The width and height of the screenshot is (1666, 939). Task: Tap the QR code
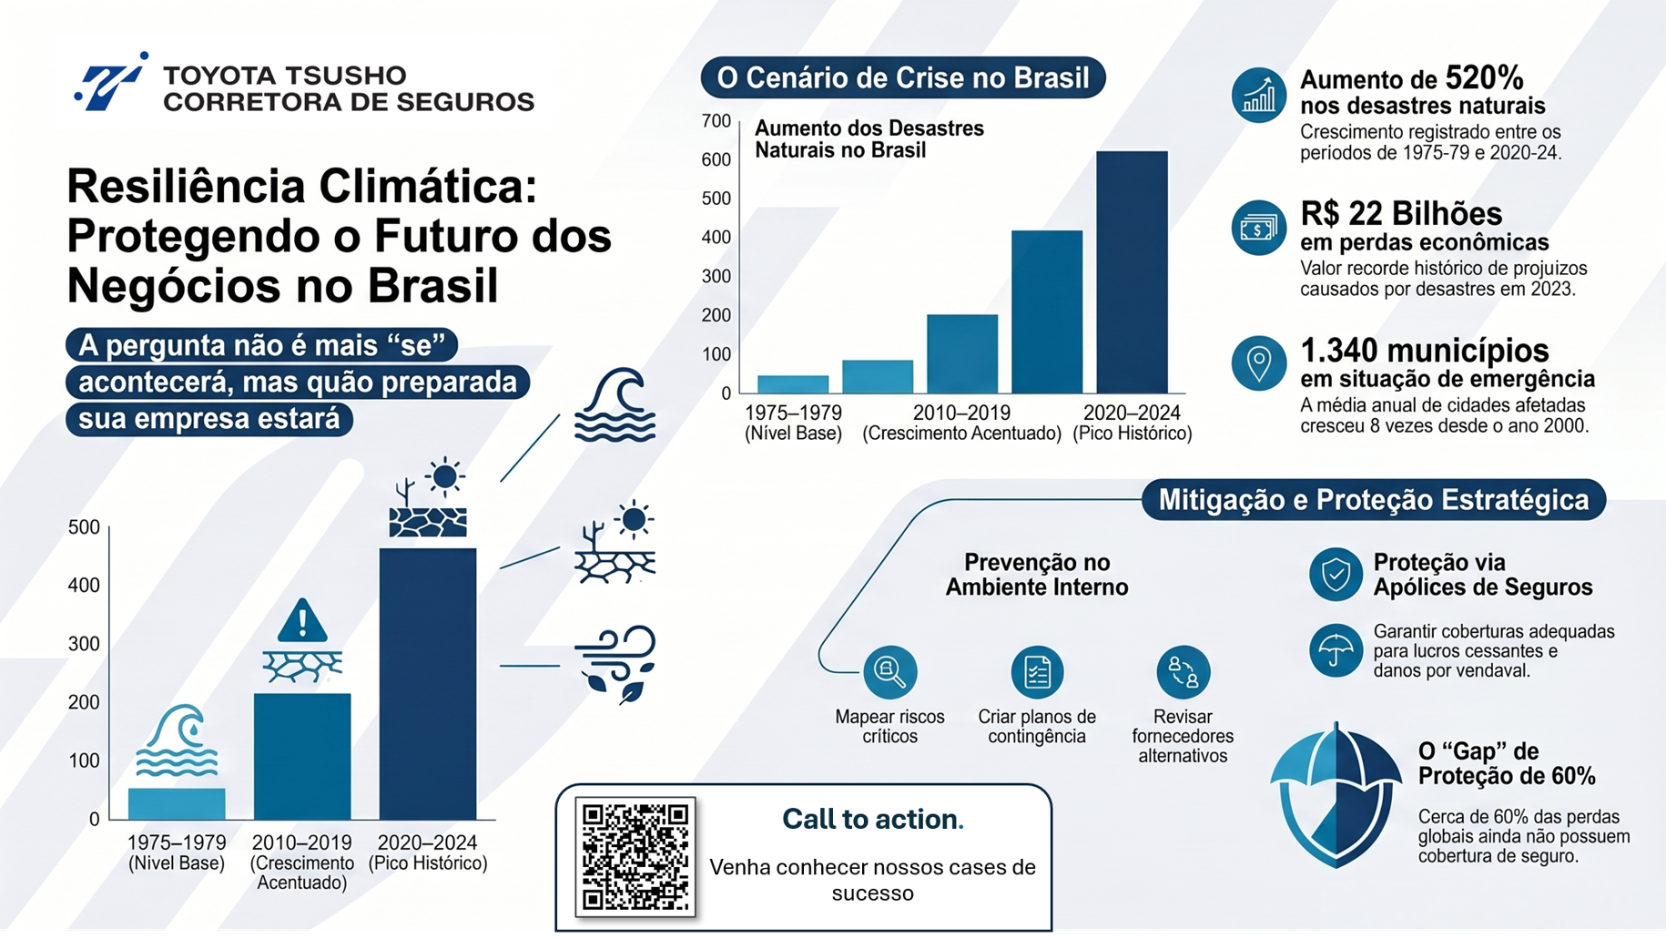[x=635, y=856]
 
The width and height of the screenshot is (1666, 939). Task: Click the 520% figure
[x=1484, y=78]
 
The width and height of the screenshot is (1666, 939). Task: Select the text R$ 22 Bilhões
[x=1401, y=214]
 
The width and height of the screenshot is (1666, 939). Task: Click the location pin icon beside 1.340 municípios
[x=1259, y=363]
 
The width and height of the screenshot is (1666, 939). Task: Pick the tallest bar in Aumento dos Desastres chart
[x=1132, y=272]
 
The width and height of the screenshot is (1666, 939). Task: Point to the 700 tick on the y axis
[x=716, y=121]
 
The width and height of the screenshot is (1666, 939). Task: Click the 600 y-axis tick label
[x=716, y=160]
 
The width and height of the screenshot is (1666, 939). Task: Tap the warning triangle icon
[x=302, y=621]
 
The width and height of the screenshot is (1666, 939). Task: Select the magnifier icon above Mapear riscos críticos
[x=889, y=672]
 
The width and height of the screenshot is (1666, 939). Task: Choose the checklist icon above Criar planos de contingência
[x=1037, y=672]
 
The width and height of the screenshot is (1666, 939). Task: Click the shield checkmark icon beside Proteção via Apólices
[x=1336, y=575]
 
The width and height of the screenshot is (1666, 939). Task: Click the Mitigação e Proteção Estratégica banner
[x=1374, y=500]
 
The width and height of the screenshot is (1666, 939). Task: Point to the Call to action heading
[x=872, y=820]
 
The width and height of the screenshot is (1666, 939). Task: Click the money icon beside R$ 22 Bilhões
[x=1259, y=228]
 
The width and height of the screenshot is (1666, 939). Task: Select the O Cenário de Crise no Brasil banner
[x=903, y=78]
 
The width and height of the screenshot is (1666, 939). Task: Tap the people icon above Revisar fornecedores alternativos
[x=1183, y=672]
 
